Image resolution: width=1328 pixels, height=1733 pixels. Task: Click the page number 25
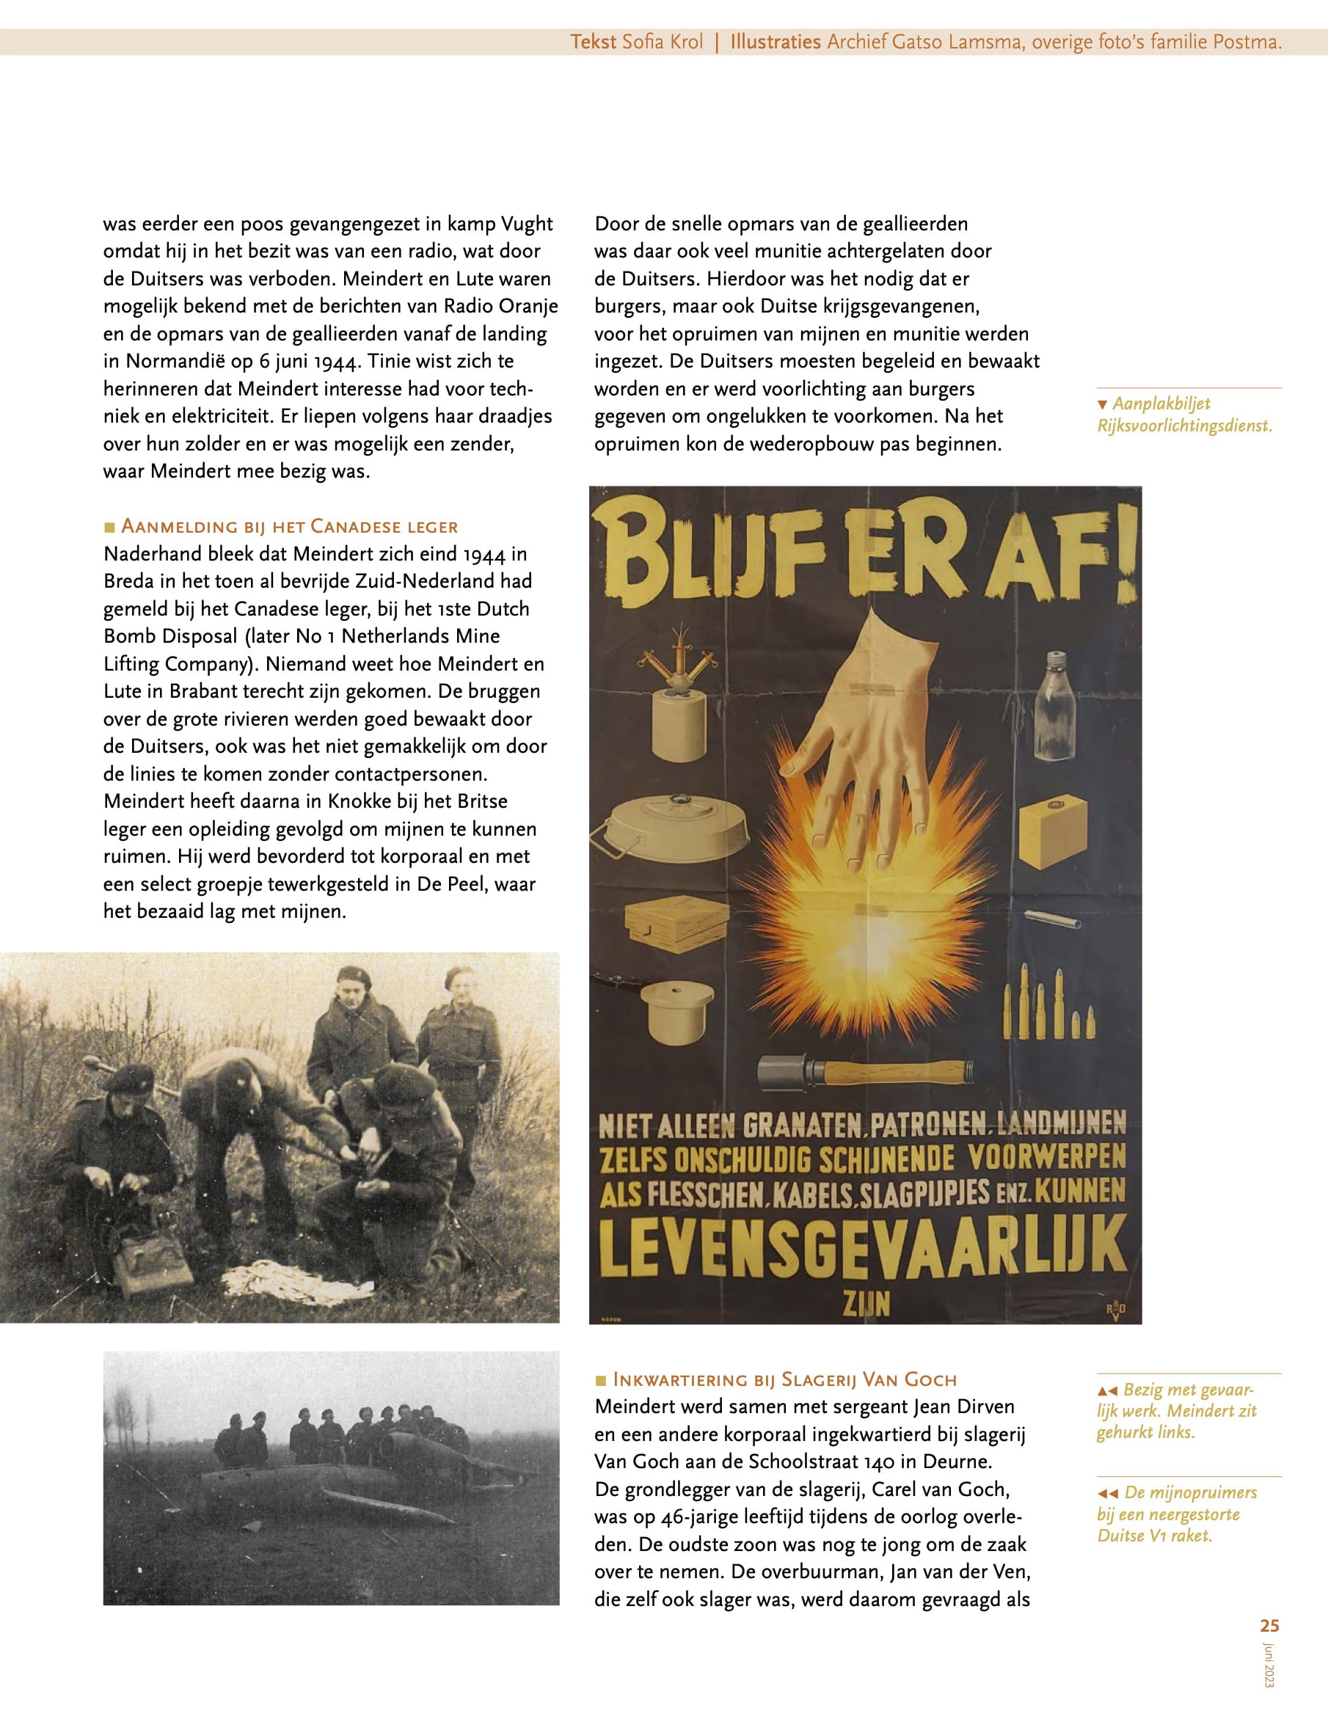click(x=1269, y=1626)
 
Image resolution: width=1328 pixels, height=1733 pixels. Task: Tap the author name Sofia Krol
click(x=662, y=42)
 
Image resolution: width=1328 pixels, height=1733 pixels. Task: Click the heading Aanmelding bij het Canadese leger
click(x=288, y=526)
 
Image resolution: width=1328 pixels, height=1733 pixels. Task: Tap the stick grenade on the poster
click(x=865, y=1073)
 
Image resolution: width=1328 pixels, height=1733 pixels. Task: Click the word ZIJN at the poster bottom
click(x=867, y=1303)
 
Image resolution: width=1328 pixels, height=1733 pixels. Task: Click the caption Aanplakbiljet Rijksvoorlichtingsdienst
click(x=1183, y=415)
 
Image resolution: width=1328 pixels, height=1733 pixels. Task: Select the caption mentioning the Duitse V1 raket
click(x=1176, y=1514)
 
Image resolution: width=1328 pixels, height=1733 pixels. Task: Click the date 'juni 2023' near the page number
click(x=1269, y=1665)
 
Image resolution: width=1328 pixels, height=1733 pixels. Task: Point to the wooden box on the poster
click(x=676, y=922)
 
